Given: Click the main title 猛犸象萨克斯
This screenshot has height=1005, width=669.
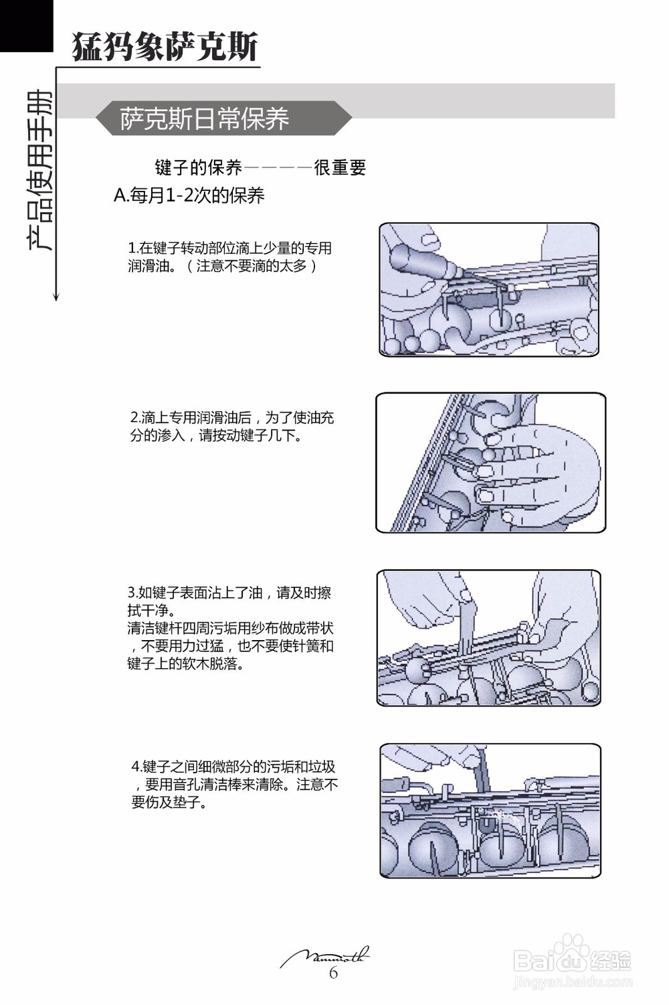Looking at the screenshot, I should pyautogui.click(x=165, y=46).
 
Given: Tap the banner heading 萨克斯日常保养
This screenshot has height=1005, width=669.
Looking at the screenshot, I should pyautogui.click(x=204, y=119).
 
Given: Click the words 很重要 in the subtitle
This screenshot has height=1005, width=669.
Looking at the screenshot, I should pyautogui.click(x=340, y=167).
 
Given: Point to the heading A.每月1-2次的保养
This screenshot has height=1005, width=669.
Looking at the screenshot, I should pyautogui.click(x=189, y=196).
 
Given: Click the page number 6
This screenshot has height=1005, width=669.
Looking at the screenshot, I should pyautogui.click(x=333, y=973).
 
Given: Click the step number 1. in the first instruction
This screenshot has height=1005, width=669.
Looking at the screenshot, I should pyautogui.click(x=132, y=248).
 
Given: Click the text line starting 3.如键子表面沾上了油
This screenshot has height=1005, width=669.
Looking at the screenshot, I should pyautogui.click(x=229, y=593).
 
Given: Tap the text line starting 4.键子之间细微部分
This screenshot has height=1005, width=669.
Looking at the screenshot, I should pyautogui.click(x=233, y=767).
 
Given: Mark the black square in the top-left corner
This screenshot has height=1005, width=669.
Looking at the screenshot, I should pyautogui.click(x=26, y=25).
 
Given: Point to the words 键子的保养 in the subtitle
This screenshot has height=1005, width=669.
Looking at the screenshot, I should pyautogui.click(x=198, y=167).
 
